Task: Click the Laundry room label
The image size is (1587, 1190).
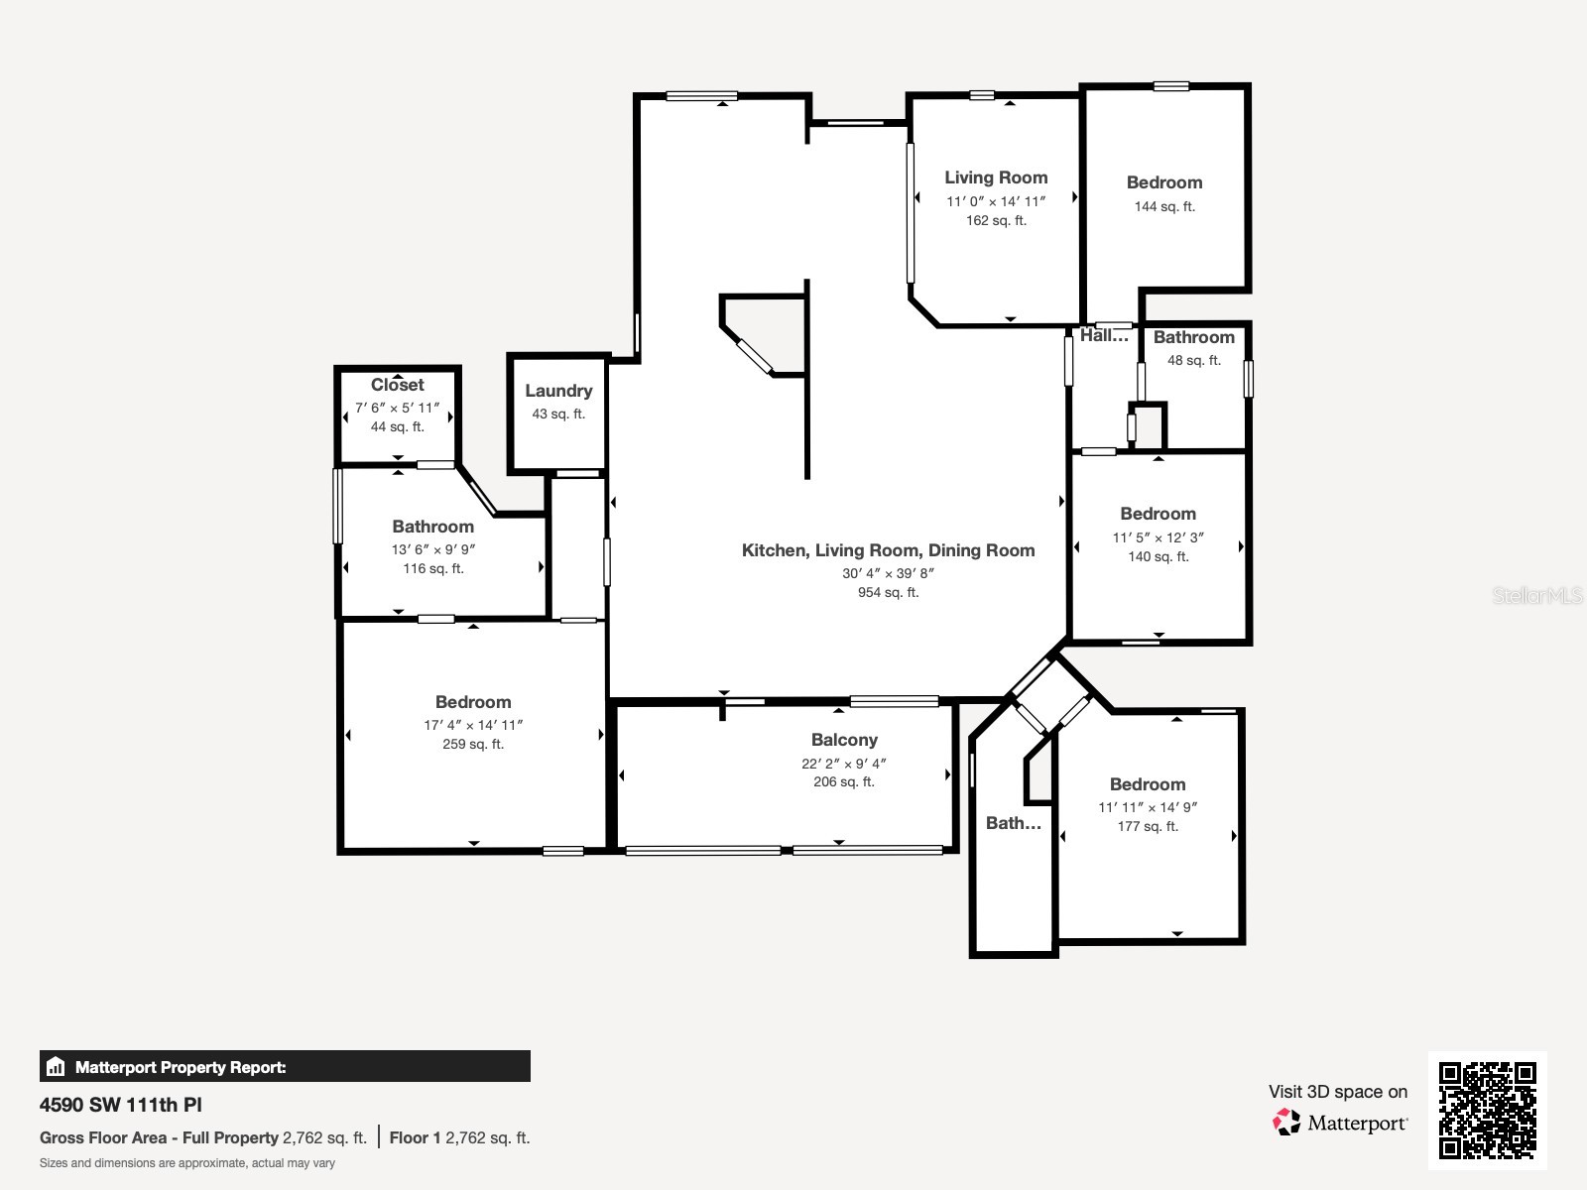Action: tap(558, 391)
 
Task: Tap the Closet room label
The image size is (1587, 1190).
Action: tap(397, 385)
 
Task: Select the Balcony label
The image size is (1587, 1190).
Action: tap(844, 740)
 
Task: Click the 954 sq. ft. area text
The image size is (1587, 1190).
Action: tap(888, 593)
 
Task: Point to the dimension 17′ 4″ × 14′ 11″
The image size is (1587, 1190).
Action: tap(473, 725)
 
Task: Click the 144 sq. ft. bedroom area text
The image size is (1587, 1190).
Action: tap(1164, 207)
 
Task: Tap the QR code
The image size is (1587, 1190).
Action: tap(1487, 1110)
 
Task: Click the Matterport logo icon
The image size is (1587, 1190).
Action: tap(1286, 1123)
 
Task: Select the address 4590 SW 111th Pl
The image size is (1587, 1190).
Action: tap(121, 1105)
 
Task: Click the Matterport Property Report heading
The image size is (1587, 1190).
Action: tap(181, 1068)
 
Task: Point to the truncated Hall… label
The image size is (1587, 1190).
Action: tap(1103, 336)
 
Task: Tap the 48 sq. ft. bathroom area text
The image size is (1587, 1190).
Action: tap(1193, 361)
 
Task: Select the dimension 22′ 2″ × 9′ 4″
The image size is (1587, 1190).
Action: tap(844, 764)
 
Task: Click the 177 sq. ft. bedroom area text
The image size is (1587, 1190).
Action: tap(1148, 827)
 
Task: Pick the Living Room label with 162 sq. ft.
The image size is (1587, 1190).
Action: tap(996, 178)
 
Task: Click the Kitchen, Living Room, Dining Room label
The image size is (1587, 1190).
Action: tap(888, 550)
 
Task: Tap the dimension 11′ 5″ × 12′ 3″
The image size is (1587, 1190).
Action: tap(1158, 537)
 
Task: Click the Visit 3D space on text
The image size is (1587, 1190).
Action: tap(1337, 1092)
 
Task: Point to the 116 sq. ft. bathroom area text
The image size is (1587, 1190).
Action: tap(432, 569)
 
